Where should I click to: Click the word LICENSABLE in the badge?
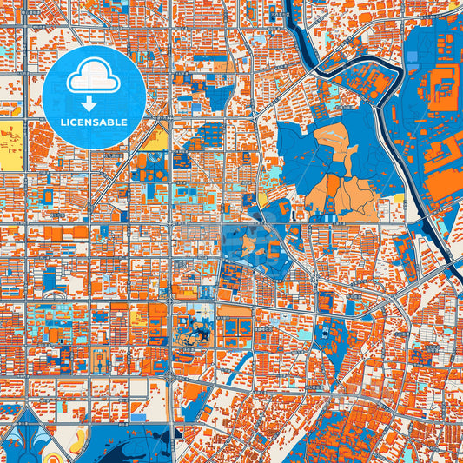[94, 122]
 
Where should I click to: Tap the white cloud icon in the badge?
[94, 78]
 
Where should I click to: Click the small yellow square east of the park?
[399, 200]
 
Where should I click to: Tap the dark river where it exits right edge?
[453, 256]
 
